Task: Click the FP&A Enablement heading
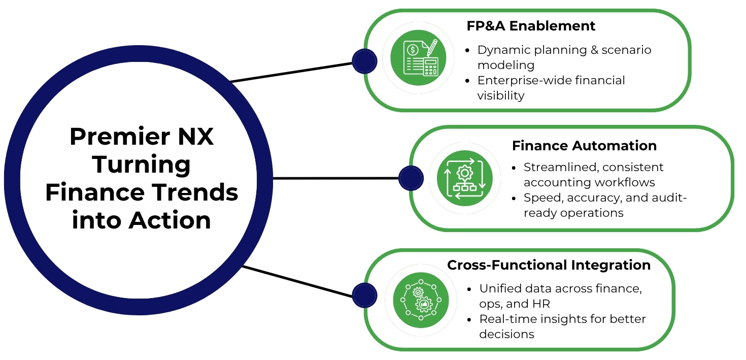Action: coord(531,26)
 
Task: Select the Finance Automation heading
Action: coord(584,146)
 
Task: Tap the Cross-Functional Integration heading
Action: coord(549,265)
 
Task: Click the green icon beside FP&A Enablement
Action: coord(418,57)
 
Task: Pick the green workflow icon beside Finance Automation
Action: coord(464,178)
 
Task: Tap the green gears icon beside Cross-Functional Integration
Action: coord(421,300)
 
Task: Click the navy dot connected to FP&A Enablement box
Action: coord(364,61)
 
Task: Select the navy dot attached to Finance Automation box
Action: coord(411,178)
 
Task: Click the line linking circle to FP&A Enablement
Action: coord(292,72)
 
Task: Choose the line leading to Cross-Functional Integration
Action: coord(297,281)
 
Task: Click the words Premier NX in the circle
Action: coord(142,137)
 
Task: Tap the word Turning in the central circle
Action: coord(142,165)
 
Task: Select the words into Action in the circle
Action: coord(142,220)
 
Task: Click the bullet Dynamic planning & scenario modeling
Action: coord(563,57)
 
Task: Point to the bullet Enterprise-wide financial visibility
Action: coord(551,88)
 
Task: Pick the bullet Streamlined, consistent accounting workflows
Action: coord(593,175)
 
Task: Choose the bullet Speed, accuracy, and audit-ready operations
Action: coord(604,205)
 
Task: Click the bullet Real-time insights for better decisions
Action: coord(562,326)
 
